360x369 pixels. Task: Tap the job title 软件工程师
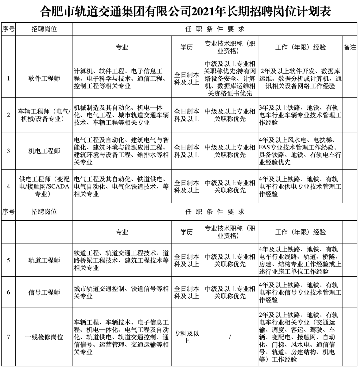click(44, 79)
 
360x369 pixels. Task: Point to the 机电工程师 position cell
click(44, 151)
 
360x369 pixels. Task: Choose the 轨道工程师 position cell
click(44, 260)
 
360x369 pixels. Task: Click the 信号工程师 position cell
click(44, 292)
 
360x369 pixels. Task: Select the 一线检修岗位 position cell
click(44, 337)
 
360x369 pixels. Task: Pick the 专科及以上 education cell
click(187, 337)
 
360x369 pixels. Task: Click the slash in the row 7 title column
click(230, 337)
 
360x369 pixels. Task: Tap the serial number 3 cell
click(8, 151)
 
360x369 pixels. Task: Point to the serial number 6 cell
click(8, 292)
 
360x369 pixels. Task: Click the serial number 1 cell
click(8, 79)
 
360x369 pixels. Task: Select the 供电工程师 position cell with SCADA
click(44, 186)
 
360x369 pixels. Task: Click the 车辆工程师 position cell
click(44, 115)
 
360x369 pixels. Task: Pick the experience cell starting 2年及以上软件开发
click(300, 79)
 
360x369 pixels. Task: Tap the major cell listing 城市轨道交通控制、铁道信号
click(121, 292)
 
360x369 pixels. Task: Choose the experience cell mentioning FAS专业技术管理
click(300, 151)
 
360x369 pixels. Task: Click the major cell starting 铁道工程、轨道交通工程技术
click(121, 260)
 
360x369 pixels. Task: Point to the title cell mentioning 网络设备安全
click(230, 79)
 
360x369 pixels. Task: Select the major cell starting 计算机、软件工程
click(121, 79)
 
